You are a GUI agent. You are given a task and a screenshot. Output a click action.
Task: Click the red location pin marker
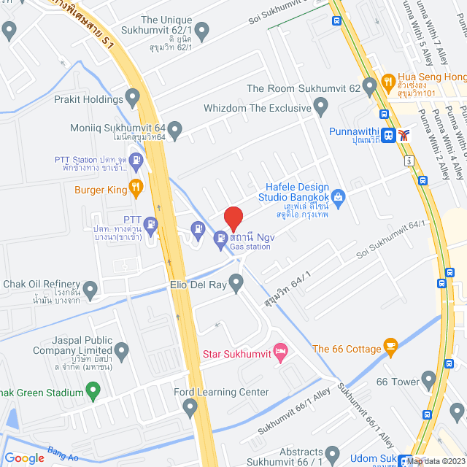233,219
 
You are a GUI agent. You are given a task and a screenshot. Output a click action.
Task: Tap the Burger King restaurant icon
135,188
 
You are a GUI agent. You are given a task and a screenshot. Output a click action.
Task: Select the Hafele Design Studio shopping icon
338,196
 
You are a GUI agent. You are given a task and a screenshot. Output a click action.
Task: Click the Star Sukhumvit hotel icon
279,352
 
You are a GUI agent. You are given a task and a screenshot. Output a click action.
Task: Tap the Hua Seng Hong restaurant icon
388,80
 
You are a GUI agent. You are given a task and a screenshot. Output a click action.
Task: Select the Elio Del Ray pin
236,282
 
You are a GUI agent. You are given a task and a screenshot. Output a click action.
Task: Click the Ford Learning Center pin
190,407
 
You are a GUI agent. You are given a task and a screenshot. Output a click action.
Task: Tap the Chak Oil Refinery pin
90,290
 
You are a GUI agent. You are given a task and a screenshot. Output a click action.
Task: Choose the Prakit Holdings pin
133,96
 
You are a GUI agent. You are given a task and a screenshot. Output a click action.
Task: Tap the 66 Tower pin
428,379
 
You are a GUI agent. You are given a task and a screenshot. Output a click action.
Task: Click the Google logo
25,458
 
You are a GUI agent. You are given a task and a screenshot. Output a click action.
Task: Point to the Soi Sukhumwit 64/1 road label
390,242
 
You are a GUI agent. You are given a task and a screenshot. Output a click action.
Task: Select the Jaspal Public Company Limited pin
121,352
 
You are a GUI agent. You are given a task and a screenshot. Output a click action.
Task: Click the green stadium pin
93,393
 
